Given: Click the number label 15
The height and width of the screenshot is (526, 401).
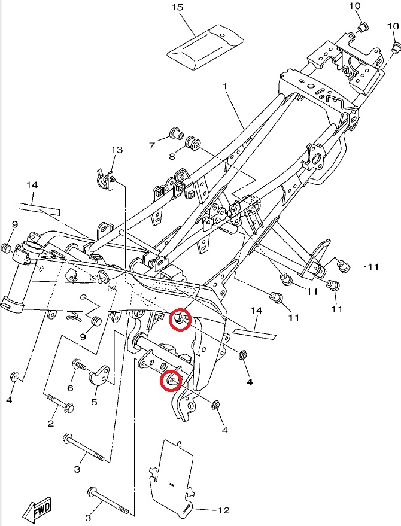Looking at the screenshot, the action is pos(178,7).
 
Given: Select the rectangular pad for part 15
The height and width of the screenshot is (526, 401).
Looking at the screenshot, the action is pos(205,46).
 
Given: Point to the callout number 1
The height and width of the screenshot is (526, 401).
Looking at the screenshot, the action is pos(225,86).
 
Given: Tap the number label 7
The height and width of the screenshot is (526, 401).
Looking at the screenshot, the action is pos(153,145).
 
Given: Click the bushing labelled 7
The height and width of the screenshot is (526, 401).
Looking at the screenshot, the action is pos(176,133).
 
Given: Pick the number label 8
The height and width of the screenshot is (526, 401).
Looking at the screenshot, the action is pos(172,156).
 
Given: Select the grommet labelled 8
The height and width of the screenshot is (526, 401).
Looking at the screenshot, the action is pos(193,143).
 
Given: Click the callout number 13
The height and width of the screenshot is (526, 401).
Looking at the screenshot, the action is pos(117,150).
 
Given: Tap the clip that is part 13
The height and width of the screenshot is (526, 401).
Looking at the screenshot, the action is pos(106,180).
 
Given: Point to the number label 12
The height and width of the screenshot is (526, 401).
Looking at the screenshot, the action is pos(223,510).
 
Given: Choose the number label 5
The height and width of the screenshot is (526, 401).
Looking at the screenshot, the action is pos(94,402).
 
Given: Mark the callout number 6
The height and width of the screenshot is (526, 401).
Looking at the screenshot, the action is pos(70,388).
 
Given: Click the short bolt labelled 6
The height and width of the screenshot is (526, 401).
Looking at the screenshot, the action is pos(79,364).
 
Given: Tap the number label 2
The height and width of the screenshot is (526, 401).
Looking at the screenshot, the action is pos(50,423).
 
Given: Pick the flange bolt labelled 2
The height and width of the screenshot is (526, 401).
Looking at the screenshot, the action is pos(60,403).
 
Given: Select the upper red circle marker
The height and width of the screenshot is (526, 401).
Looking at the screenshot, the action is pos(180,320).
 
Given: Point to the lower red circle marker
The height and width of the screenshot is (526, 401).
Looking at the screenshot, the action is pos(171,381).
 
